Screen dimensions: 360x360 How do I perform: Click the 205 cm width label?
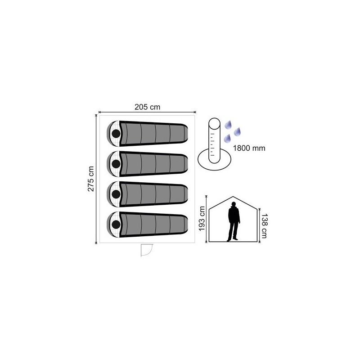point(148,107)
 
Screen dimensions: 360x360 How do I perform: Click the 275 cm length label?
point(91,179)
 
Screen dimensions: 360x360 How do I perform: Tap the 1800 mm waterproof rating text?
point(249,148)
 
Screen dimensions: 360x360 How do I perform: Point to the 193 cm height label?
point(202,219)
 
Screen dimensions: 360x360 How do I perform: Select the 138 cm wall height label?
point(264,226)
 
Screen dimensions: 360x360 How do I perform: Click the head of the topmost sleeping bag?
point(116,134)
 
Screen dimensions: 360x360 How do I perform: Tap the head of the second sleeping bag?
point(116,164)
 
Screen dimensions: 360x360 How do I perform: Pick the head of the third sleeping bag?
point(116,194)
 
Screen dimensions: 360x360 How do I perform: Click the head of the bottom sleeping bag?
point(116,225)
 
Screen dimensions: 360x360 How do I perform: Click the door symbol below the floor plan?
point(147,250)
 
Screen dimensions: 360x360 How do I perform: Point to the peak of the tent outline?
point(233,197)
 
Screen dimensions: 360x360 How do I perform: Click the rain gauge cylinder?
point(215,141)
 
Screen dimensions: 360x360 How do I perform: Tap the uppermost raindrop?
point(228,125)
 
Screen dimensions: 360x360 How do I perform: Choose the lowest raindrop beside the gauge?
point(227,138)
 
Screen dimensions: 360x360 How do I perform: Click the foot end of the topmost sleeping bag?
point(185,133)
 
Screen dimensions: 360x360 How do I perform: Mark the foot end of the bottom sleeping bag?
point(185,224)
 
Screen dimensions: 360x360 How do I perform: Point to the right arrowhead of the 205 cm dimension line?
point(195,112)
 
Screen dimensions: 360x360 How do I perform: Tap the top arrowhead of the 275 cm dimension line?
point(96,116)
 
